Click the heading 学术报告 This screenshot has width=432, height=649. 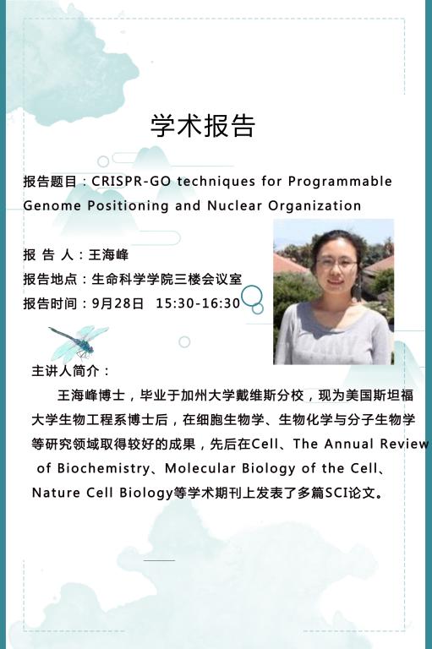point(203,125)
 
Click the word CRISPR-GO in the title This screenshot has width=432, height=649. point(131,182)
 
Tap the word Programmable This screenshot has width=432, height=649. point(340,182)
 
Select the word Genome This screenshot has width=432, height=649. point(52,205)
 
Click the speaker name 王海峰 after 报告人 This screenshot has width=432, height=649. point(108,254)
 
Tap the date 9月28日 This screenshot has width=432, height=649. point(118,303)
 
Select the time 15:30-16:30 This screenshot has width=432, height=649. point(198,303)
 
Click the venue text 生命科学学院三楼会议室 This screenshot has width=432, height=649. point(167,279)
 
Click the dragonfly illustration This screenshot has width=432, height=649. point(79,342)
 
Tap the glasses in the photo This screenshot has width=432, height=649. point(336,263)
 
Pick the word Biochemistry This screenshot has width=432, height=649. point(103,468)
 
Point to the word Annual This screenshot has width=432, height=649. point(349,444)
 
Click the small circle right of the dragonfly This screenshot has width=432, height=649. point(184,342)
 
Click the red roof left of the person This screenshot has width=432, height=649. point(289,264)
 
